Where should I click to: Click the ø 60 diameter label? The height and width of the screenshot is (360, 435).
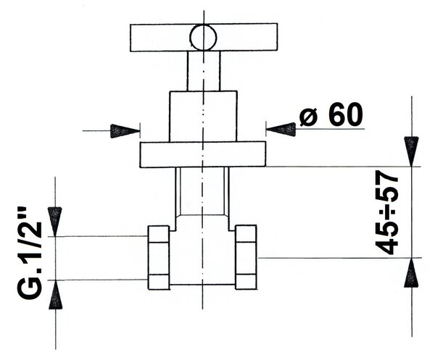pyautogui.click(x=331, y=114)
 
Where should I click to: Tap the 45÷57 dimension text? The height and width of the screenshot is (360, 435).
pyautogui.click(x=386, y=212)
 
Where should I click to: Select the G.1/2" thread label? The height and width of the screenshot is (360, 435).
pyautogui.click(x=30, y=253)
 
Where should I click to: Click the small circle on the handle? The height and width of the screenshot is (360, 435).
pyautogui.click(x=203, y=38)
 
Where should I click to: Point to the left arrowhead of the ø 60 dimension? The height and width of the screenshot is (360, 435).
pyautogui.click(x=125, y=131)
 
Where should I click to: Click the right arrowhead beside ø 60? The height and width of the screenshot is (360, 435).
pyautogui.click(x=281, y=129)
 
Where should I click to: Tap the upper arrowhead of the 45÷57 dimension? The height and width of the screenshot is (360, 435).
pyautogui.click(x=411, y=151)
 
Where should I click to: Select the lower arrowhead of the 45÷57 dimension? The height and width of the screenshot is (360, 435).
pyautogui.click(x=411, y=272)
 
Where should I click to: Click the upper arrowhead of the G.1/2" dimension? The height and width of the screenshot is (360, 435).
pyautogui.click(x=54, y=222)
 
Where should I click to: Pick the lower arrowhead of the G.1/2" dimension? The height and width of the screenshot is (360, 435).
pyautogui.click(x=56, y=295)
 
